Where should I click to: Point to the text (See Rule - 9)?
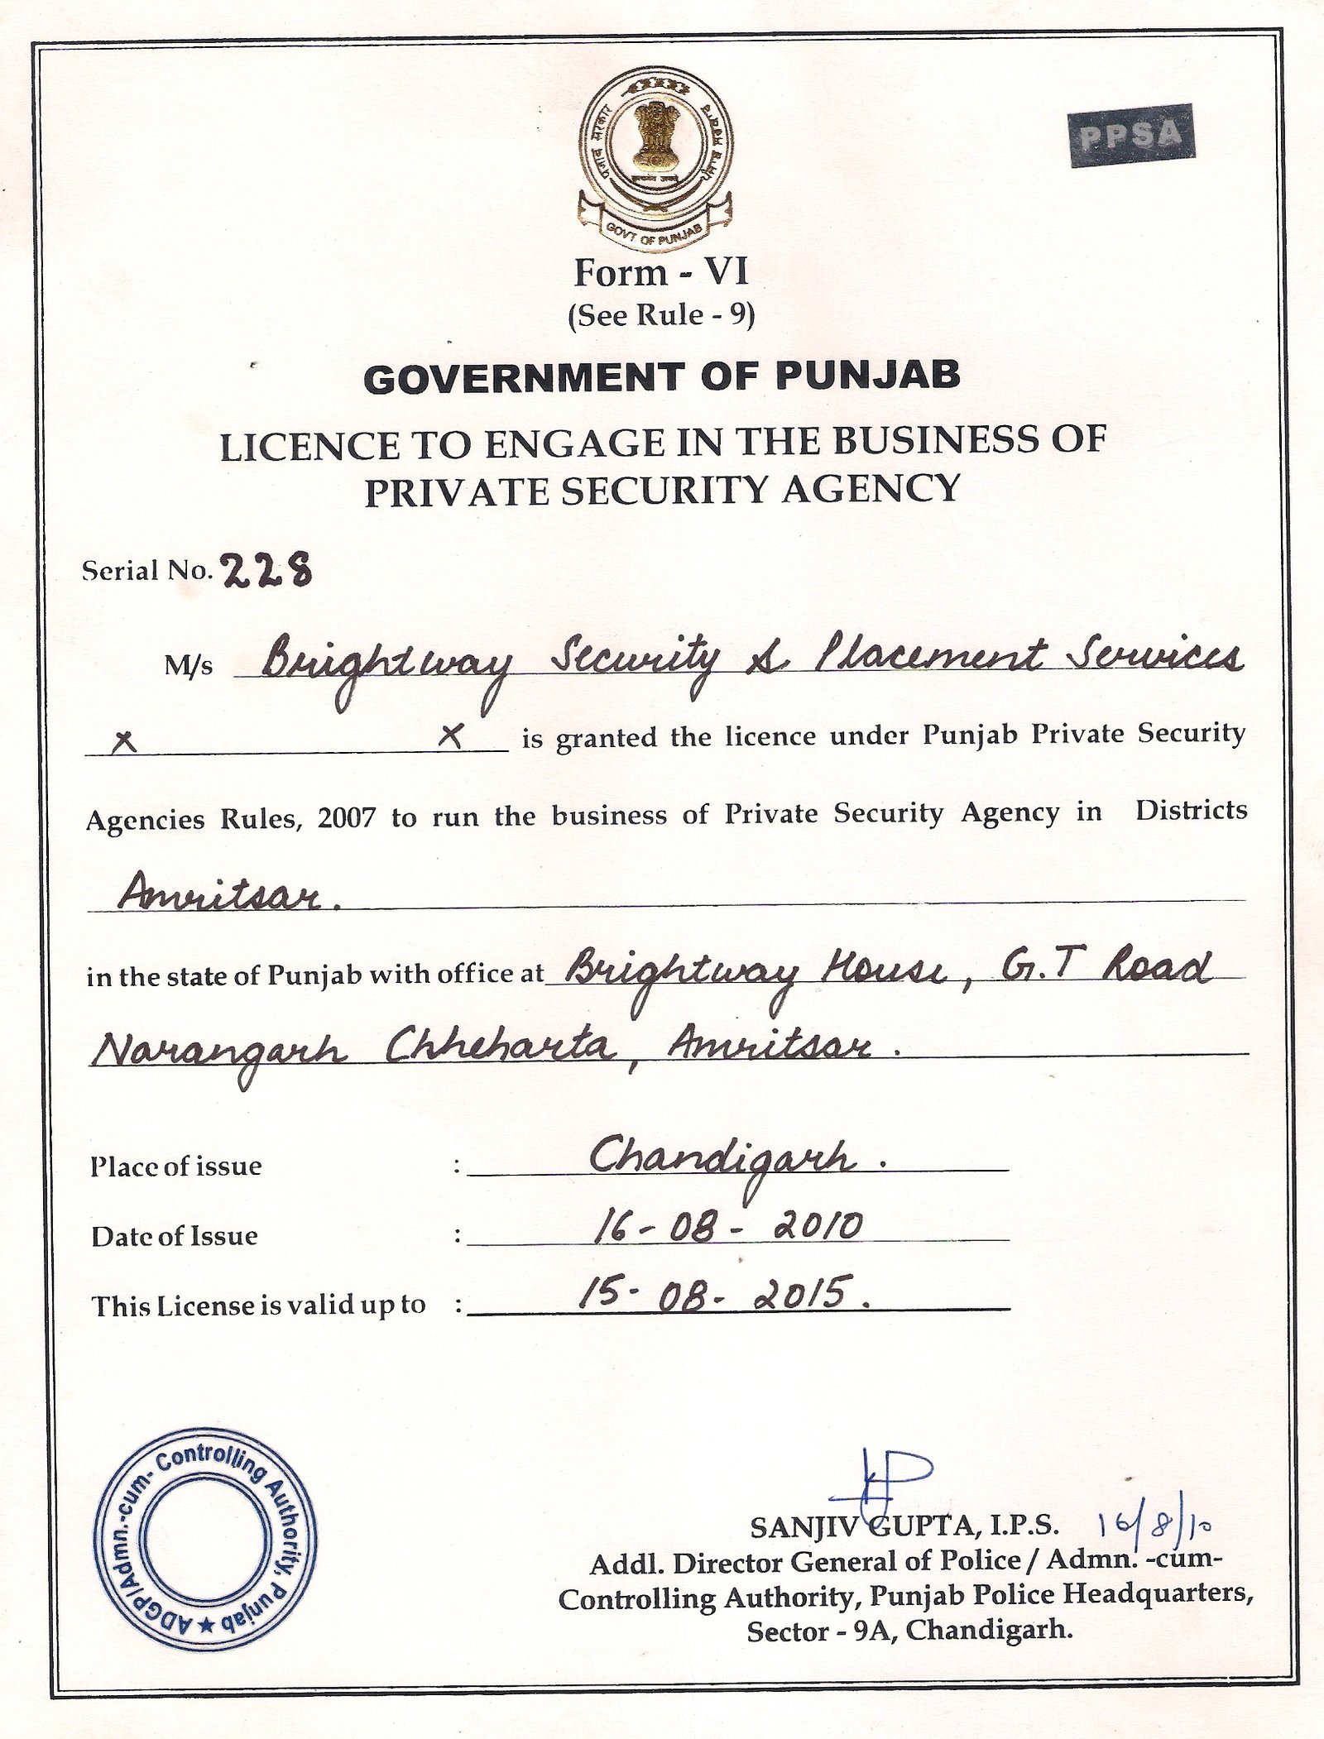[660, 316]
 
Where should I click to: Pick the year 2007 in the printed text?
[347, 818]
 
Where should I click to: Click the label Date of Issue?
[175, 1236]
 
